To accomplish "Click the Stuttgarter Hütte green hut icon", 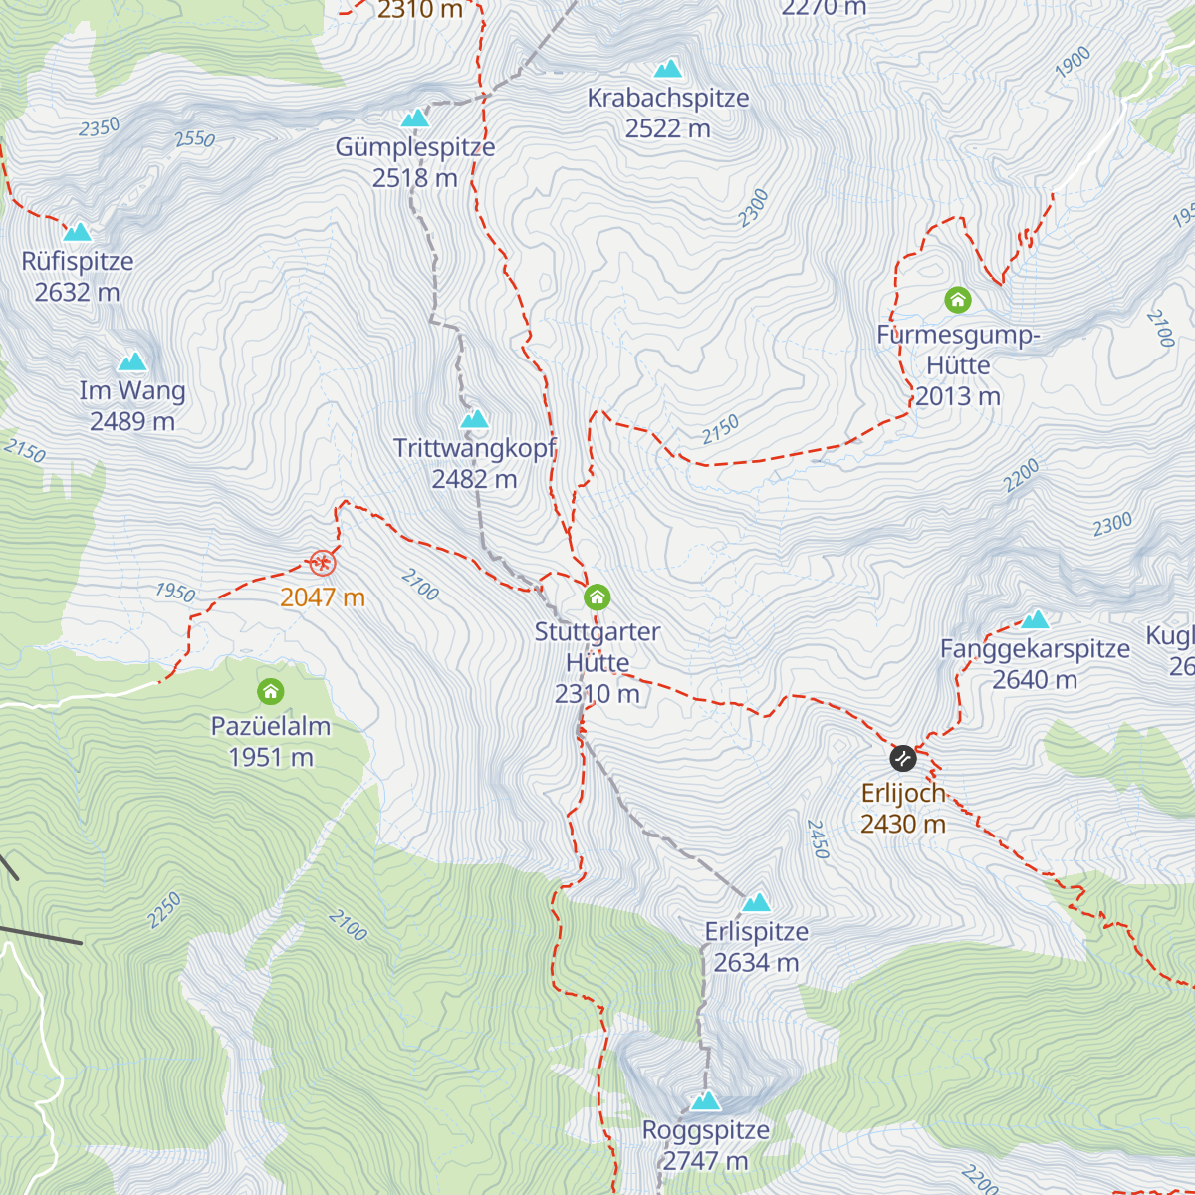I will click(x=597, y=597).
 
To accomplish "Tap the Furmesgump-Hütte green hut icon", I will click(x=957, y=299).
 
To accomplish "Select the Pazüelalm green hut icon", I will click(x=270, y=691).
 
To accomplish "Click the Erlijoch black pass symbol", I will click(x=902, y=758).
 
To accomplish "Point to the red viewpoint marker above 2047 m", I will click(x=322, y=563).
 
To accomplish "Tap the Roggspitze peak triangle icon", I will click(x=705, y=1100).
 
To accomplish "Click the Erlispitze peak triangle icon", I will click(x=756, y=903).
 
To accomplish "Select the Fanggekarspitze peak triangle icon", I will click(x=1035, y=619).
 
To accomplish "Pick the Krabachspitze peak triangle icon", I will click(x=667, y=69).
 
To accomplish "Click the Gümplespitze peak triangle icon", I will click(x=414, y=119).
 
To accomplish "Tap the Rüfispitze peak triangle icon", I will click(x=77, y=232).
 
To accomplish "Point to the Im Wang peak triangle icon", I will click(x=131, y=361).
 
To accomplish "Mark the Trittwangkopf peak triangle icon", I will click(x=474, y=419).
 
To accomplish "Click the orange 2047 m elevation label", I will click(x=322, y=597).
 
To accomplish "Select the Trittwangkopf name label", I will click(x=474, y=448).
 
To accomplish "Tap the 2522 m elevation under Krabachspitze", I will click(x=667, y=128).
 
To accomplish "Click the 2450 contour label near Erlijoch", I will click(x=817, y=838).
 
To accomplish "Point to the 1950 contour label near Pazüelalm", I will click(x=175, y=592).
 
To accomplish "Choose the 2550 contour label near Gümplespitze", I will click(x=194, y=139).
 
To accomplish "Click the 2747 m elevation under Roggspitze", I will click(x=705, y=1161).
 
